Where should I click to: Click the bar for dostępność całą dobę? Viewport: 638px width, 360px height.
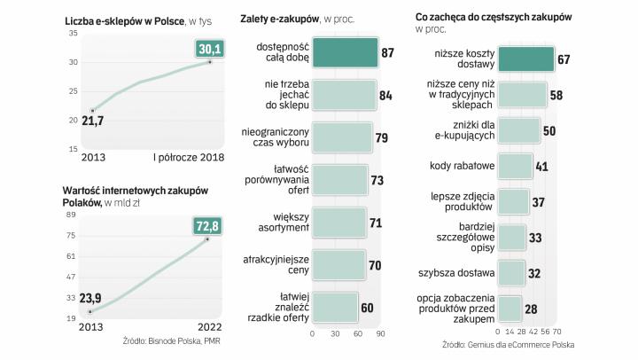(345, 52)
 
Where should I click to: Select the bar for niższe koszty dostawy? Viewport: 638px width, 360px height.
(526, 59)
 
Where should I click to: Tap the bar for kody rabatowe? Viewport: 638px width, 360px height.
(515, 165)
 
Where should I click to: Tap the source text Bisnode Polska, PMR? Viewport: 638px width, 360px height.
(172, 341)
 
